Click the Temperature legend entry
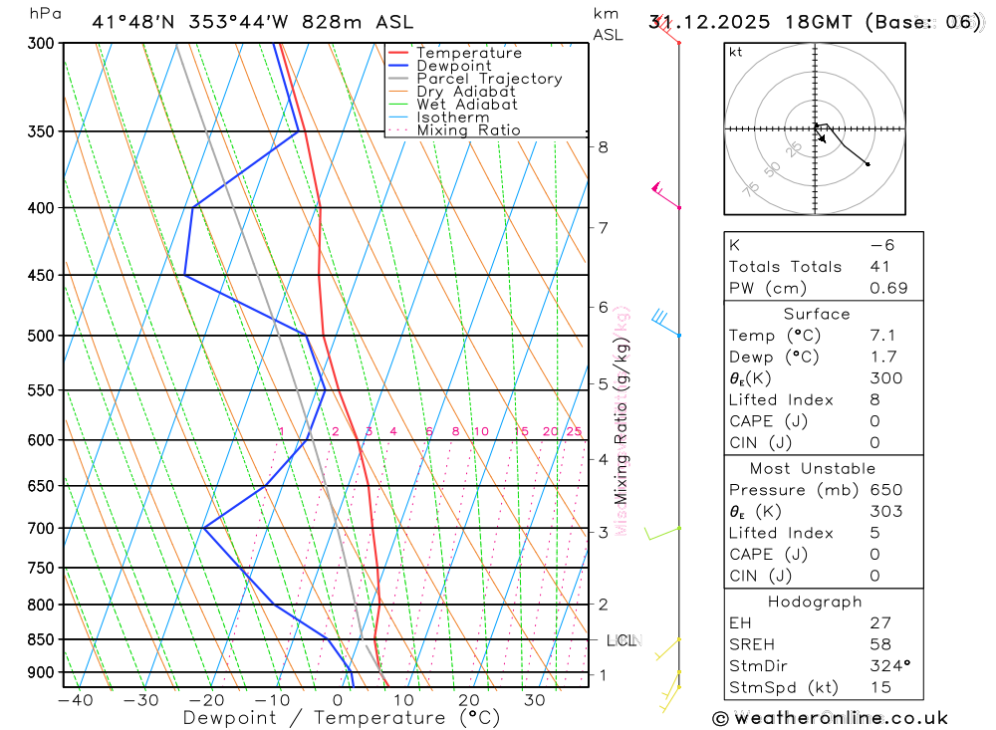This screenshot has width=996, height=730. (468, 53)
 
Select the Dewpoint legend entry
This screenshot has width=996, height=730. (453, 66)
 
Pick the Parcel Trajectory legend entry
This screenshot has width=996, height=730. (489, 79)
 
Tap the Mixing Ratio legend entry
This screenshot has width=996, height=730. (468, 130)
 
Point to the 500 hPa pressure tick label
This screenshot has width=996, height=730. (39, 336)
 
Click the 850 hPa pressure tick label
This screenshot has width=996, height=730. (39, 639)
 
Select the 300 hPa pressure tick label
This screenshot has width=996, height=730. (39, 44)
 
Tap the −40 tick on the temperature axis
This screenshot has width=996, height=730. (76, 700)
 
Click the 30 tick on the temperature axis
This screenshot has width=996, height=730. (534, 700)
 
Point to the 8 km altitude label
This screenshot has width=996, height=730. (603, 147)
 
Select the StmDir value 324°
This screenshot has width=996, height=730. (888, 666)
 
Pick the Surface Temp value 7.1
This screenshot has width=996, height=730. (881, 336)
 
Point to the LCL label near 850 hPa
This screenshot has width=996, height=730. (622, 640)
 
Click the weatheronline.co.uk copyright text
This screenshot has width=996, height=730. (830, 718)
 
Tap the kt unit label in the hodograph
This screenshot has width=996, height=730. (735, 52)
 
